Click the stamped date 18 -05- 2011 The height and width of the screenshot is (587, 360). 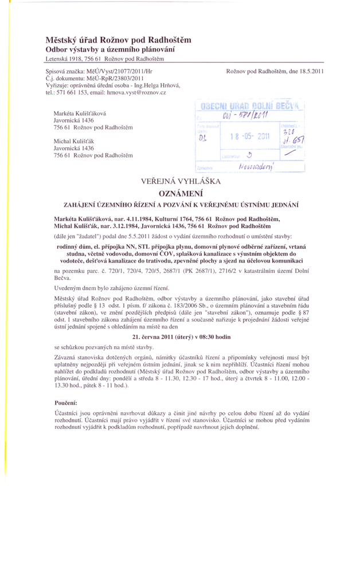pyautogui.click(x=249, y=136)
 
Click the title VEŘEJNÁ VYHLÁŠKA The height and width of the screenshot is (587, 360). pyautogui.click(x=181, y=182)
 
